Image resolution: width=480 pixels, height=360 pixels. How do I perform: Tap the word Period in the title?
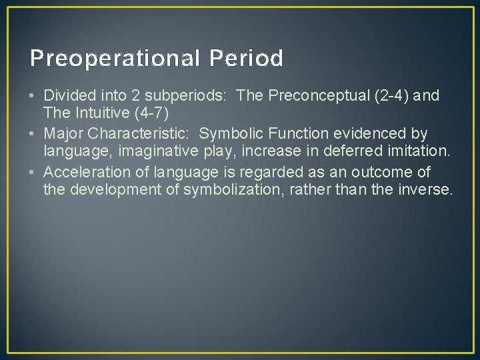[x=246, y=59]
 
